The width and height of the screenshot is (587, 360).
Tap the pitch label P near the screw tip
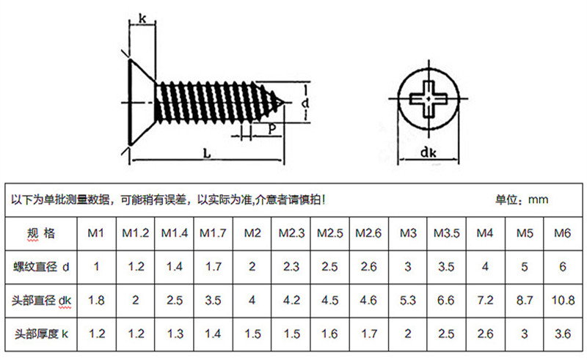click(271, 129)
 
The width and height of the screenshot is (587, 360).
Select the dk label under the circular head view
click(429, 153)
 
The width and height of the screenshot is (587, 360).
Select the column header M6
click(563, 233)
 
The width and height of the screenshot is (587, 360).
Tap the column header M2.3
click(291, 233)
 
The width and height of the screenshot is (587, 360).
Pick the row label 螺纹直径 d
click(41, 267)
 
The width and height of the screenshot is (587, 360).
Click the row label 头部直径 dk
click(41, 300)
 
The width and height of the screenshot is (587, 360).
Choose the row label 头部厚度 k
click(41, 334)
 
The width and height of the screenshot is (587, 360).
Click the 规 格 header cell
click(41, 234)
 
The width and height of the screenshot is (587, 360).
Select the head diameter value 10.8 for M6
click(563, 300)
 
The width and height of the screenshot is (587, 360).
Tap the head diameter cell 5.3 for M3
click(408, 300)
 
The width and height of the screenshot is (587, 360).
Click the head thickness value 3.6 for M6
click(563, 334)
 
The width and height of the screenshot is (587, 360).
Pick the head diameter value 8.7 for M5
click(524, 300)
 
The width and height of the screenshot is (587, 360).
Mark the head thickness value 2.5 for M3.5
click(446, 334)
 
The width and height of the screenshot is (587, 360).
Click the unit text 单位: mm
click(522, 199)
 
